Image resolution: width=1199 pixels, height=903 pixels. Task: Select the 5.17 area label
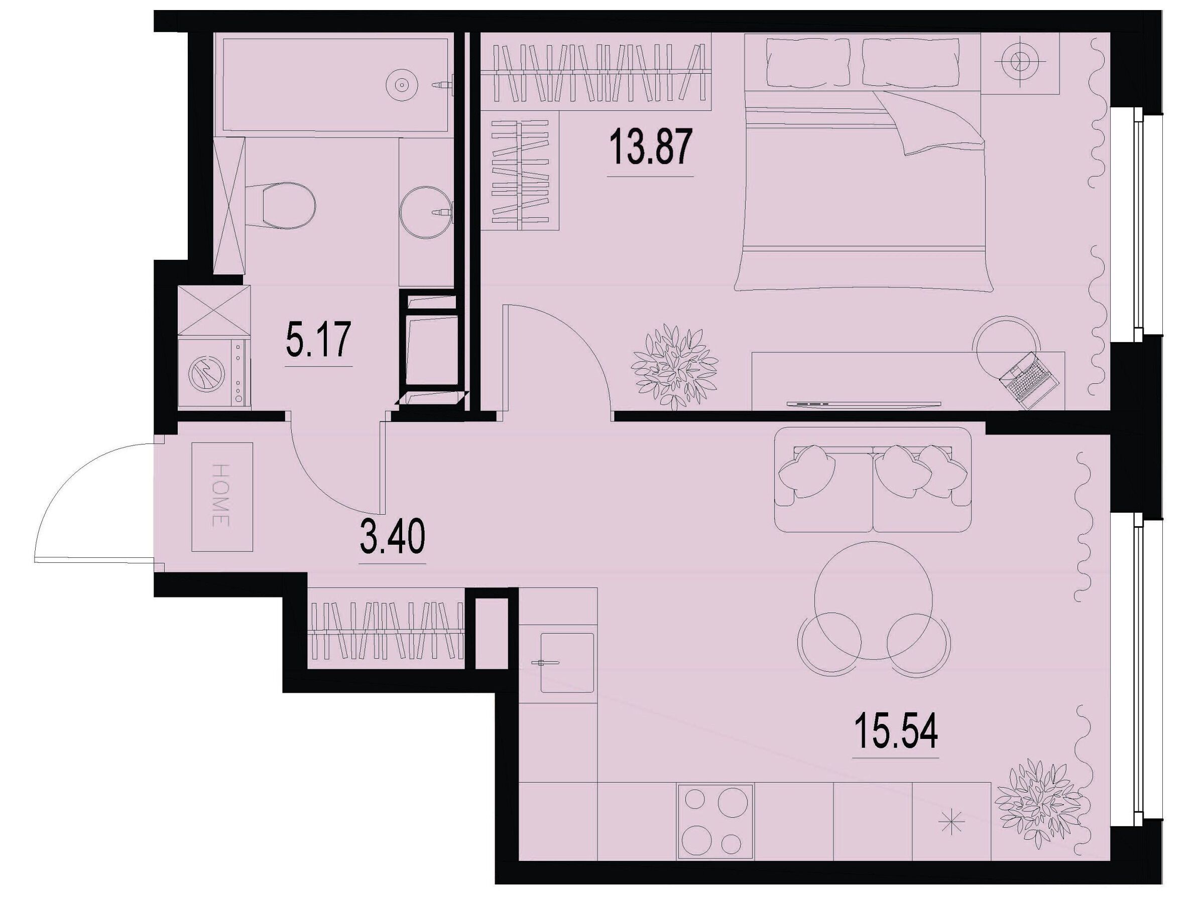[x=319, y=339]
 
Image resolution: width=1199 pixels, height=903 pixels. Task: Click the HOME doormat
[x=223, y=497]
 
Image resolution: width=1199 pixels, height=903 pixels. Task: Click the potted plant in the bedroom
[x=675, y=366]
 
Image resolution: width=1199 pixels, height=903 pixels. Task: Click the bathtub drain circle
[x=401, y=84]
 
